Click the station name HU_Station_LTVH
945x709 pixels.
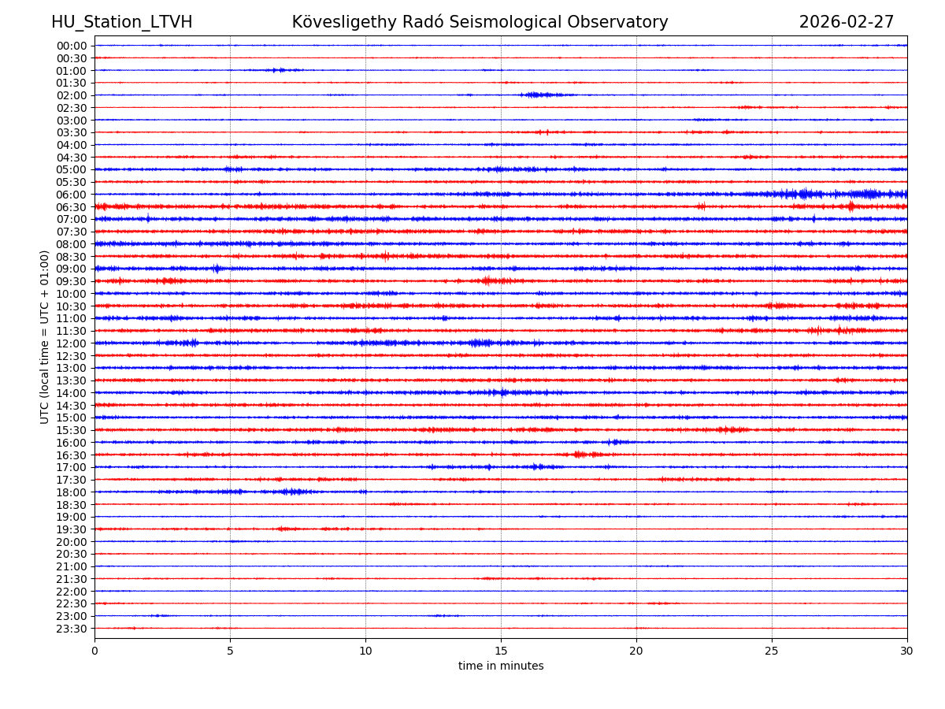tap(121, 22)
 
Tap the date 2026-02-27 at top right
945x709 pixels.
tap(847, 22)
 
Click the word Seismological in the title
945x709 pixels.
tap(520, 22)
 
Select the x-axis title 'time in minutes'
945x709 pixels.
tap(501, 666)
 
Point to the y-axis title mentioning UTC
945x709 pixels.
tap(45, 336)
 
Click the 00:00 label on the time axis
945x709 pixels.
tap(71, 46)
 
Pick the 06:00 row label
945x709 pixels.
tap(71, 195)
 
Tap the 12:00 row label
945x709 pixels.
tap(71, 343)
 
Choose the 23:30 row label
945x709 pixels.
tap(71, 629)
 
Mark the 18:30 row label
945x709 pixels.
tap(71, 505)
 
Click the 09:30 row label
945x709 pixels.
tap(71, 281)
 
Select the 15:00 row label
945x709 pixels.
tap(71, 418)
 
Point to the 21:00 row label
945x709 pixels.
tap(71, 566)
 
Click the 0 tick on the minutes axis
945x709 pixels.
tap(94, 651)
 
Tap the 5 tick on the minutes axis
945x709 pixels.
tap(230, 651)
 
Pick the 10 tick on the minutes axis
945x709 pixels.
tap(365, 651)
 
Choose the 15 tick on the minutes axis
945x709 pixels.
tap(501, 651)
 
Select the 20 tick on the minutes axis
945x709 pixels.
tap(636, 651)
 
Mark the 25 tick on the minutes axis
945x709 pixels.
tap(772, 651)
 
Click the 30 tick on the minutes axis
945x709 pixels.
tap(907, 651)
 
